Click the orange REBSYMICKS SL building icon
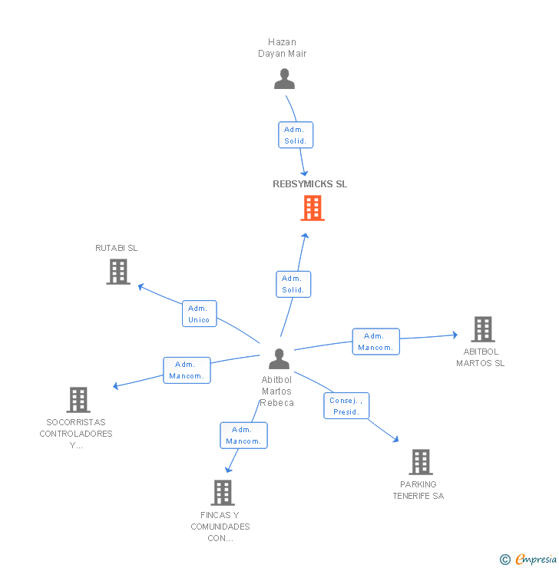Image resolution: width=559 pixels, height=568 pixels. tap(313, 208)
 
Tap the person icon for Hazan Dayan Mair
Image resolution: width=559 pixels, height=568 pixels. tap(284, 79)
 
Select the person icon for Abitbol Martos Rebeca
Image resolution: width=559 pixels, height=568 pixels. tap(279, 358)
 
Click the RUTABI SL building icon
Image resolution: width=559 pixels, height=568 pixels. tap(117, 272)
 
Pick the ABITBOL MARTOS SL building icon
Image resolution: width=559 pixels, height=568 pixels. tap(482, 329)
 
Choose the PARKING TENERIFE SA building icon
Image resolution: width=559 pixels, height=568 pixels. tap(421, 462)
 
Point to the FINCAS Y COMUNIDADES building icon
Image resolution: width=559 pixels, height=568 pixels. tap(222, 493)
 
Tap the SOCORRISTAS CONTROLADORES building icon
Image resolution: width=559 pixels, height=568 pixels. tap(78, 400)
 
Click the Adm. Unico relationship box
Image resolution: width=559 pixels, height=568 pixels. tap(199, 314)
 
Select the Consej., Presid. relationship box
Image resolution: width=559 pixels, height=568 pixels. tap(346, 406)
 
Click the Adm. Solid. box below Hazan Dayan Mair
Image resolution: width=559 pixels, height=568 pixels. tap(295, 135)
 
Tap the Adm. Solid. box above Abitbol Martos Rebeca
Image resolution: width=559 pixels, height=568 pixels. tap(293, 284)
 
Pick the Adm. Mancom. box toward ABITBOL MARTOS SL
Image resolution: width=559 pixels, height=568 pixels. tap(375, 342)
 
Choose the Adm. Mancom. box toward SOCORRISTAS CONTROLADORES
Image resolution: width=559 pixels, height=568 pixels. tap(187, 370)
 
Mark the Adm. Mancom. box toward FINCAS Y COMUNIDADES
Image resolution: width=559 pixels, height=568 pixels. tap(243, 435)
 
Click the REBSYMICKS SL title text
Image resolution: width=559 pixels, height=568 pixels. tap(309, 184)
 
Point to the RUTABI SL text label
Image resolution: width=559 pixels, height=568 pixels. tap(117, 248)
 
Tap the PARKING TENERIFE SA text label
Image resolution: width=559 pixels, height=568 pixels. tap(418, 490)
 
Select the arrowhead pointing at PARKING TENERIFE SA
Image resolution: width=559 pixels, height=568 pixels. tap(395, 439)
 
